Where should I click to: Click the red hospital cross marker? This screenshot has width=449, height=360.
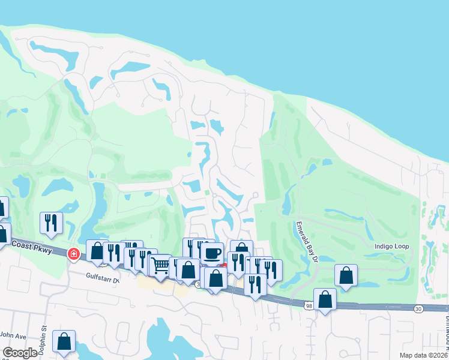[x=73, y=254]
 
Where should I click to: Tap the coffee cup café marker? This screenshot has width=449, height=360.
[x=211, y=253]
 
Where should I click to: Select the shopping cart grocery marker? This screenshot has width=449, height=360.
[x=160, y=265]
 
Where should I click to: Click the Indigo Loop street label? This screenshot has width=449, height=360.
[x=391, y=247]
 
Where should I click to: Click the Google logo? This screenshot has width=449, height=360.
[x=20, y=353]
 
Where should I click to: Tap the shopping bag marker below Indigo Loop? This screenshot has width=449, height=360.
[x=346, y=275]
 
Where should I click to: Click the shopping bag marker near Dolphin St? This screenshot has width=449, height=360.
[x=64, y=341]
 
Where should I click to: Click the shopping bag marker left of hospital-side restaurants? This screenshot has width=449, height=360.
[x=97, y=251]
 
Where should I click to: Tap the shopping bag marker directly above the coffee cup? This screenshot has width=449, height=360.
[x=241, y=249]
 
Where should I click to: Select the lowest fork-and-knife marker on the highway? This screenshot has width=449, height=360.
[x=255, y=285]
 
